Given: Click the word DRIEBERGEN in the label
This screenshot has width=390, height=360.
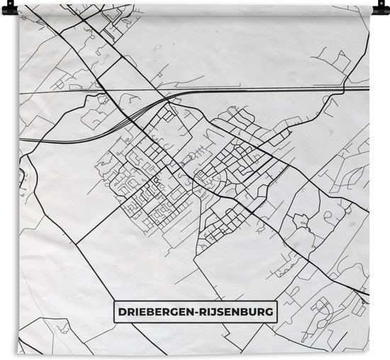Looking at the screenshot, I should tap(155, 311).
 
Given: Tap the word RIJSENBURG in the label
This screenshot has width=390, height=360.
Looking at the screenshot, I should tap(236, 311).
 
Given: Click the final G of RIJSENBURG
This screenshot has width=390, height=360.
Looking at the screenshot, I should tap(272, 311).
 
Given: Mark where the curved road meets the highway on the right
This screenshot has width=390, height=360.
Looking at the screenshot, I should tap(343, 89).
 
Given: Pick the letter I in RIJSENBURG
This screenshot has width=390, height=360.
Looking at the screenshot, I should tap(211, 311).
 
